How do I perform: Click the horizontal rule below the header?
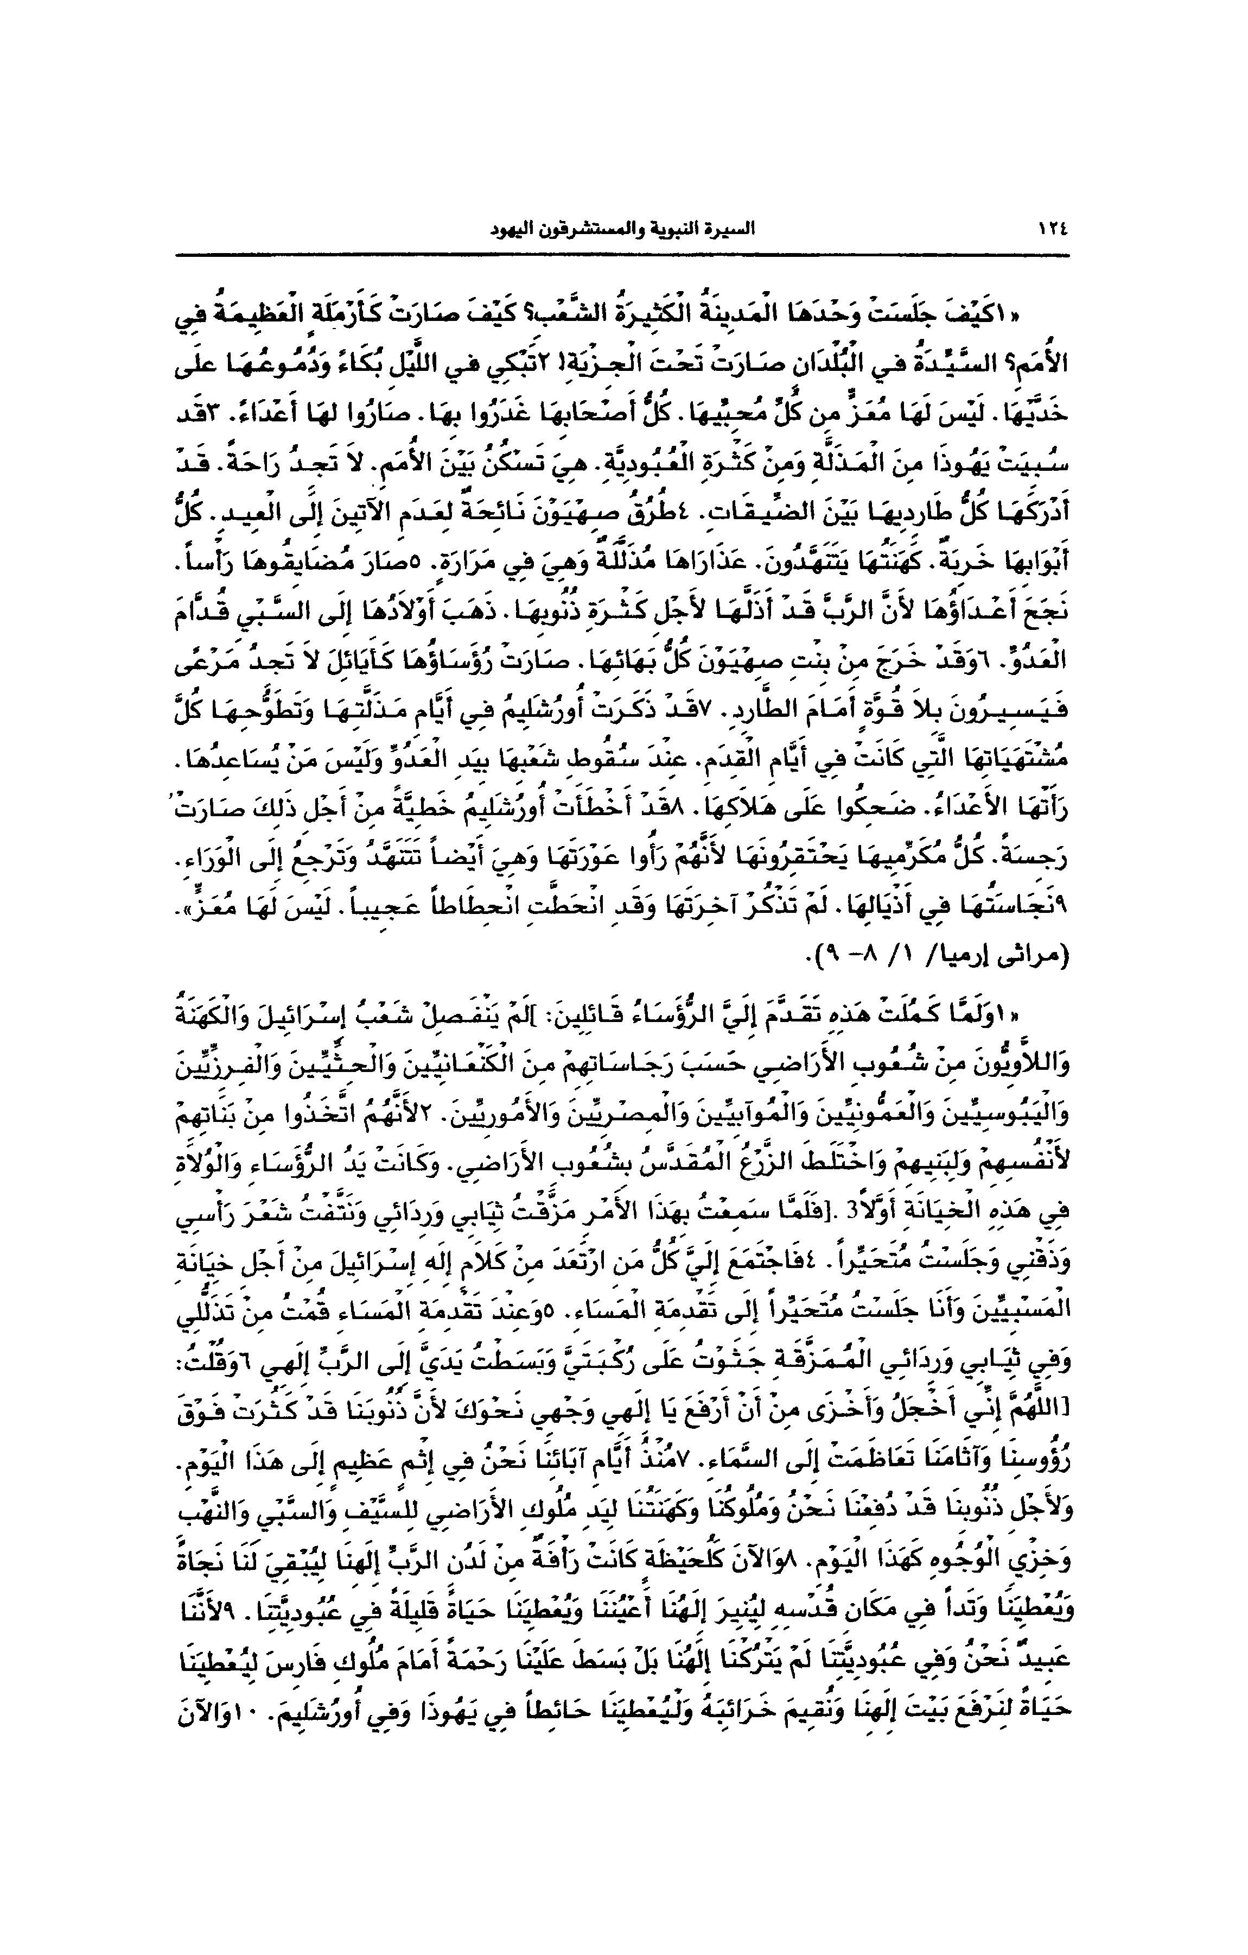pyautogui.click(x=623, y=256)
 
